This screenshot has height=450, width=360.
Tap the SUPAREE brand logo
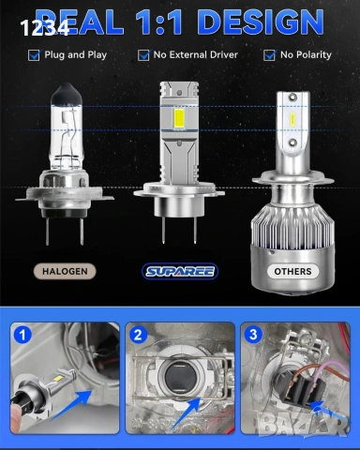pyautogui.click(x=180, y=271)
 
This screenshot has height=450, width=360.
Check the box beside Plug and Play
pyautogui.click(x=35, y=55)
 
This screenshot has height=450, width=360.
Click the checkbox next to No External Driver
pyautogui.click(x=143, y=55)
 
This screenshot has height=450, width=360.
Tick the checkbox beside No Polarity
pyautogui.click(x=270, y=55)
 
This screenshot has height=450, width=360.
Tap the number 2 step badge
pyautogui.click(x=138, y=335)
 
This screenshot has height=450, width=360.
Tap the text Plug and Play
pyautogui.click(x=76, y=55)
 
